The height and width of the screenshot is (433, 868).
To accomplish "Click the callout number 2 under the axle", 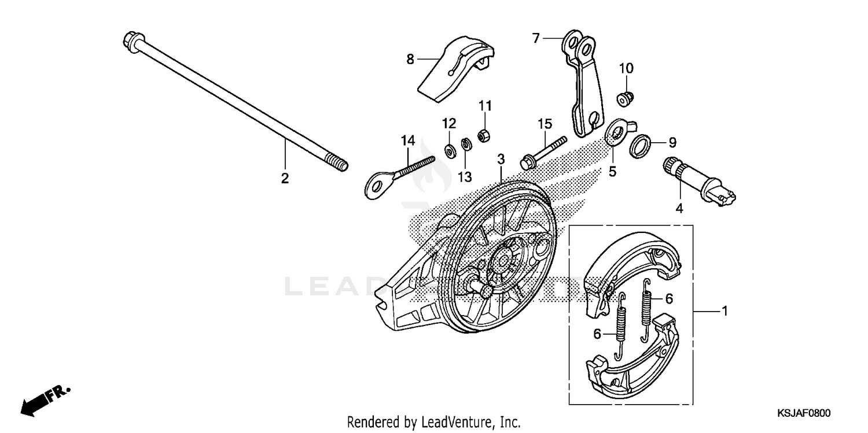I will (284, 179).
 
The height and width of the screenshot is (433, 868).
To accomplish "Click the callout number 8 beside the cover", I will (410, 59).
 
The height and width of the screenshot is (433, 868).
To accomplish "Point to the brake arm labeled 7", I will (582, 87).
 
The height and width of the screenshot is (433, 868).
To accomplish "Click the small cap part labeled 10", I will (625, 99).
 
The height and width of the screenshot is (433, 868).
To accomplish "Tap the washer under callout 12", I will (450, 151).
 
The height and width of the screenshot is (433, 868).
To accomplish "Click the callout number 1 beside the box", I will (723, 312).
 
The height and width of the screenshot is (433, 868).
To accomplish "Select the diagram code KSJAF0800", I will (804, 413).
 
